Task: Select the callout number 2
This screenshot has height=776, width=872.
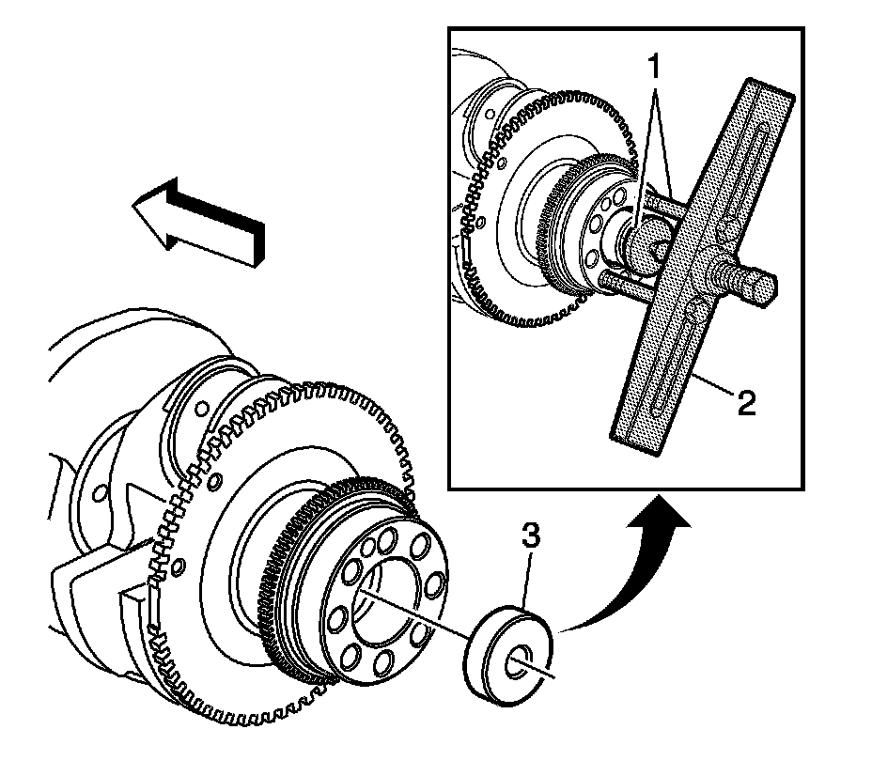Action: coord(744,404)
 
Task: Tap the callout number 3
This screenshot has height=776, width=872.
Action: coord(531,539)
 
